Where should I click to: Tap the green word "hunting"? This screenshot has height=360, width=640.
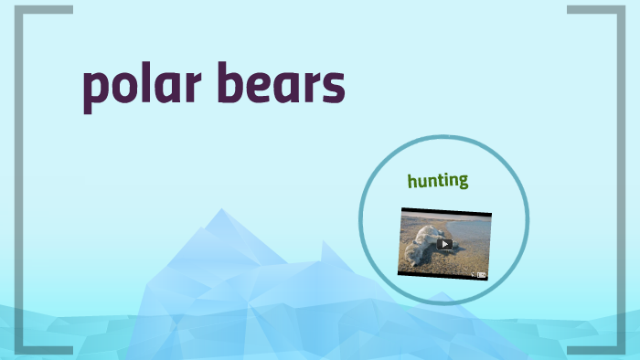pyautogui.click(x=438, y=180)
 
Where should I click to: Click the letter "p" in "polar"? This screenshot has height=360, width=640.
pyautogui.click(x=94, y=91)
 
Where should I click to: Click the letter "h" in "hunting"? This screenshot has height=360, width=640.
pyautogui.click(x=413, y=179)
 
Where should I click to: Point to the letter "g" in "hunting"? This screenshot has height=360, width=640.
pyautogui.click(x=463, y=182)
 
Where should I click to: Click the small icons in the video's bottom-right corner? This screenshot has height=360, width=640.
pyautogui.click(x=479, y=274)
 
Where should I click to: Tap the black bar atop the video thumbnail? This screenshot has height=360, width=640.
pyautogui.click(x=445, y=212)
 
